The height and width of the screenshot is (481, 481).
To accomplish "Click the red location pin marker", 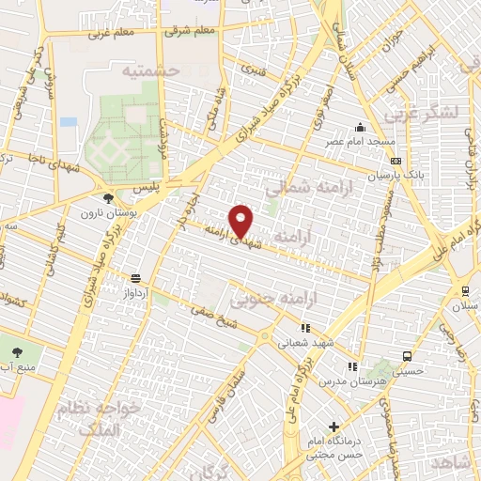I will (242, 220).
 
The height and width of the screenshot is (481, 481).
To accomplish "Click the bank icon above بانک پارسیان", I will (395, 161).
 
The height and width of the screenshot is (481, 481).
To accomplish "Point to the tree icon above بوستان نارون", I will (109, 197).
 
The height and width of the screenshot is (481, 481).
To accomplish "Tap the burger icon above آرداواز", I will (136, 278).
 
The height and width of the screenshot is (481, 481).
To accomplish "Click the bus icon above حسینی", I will (406, 357).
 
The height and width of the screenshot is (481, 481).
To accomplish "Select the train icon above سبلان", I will (465, 291).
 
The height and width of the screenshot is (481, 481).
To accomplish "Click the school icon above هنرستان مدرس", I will (351, 366).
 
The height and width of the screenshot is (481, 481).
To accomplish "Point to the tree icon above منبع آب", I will (19, 352).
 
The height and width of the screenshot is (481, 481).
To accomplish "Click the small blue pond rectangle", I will (68, 121).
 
